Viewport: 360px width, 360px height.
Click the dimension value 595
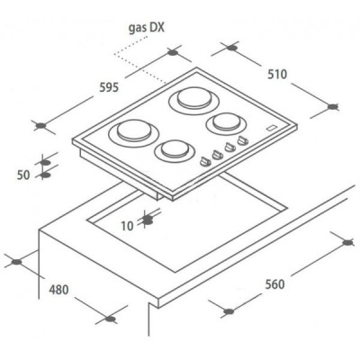pyautogui.click(x=109, y=87)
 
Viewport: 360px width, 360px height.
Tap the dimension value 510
pyautogui.click(x=277, y=75)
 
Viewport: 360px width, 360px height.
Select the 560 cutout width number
pyautogui.click(x=274, y=284)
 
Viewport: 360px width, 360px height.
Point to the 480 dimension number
pyautogui.click(x=58, y=290)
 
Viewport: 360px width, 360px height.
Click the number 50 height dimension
pyautogui.click(x=23, y=175)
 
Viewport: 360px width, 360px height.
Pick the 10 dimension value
pyautogui.click(x=127, y=226)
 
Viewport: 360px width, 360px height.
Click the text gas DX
pyautogui.click(x=147, y=28)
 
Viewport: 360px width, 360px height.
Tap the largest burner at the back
pyautogui.click(x=193, y=99)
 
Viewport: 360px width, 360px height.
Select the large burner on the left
pyautogui.click(x=134, y=132)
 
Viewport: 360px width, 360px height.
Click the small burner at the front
pyautogui.click(x=175, y=150)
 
